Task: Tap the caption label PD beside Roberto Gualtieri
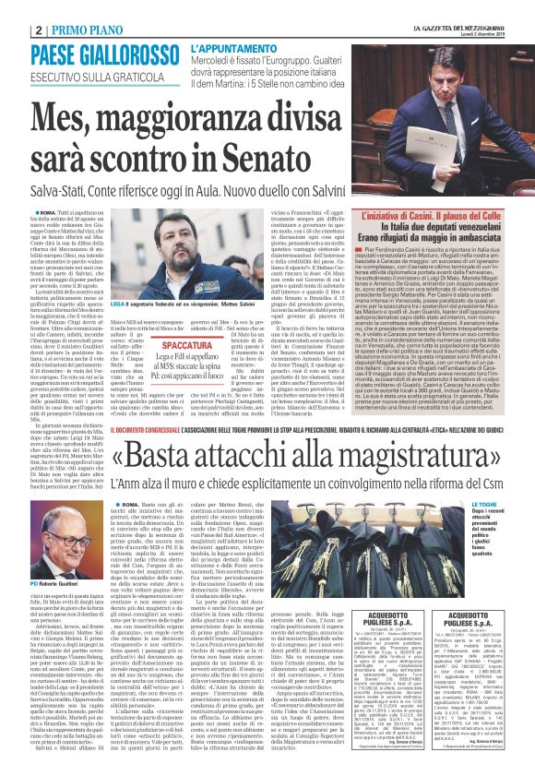[x=34, y=583]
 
